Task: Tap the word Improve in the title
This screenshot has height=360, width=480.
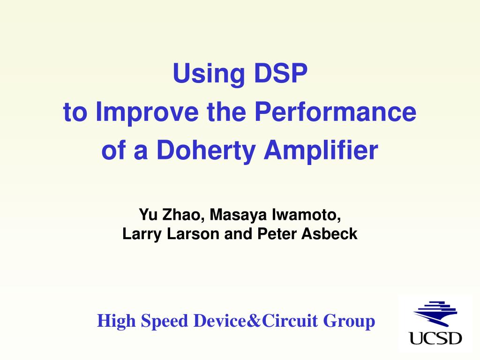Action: click(147, 112)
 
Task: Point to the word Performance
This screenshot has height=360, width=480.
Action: click(335, 112)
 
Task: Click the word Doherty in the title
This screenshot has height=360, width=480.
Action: click(206, 150)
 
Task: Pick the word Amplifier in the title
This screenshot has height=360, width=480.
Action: click(321, 150)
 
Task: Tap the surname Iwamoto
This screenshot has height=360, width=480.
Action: click(306, 214)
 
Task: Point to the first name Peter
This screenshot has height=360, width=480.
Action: click(277, 234)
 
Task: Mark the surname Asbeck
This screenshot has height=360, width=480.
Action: click(330, 234)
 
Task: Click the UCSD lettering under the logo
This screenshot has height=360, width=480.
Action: click(435, 338)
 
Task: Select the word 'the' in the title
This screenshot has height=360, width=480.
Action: click(226, 112)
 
